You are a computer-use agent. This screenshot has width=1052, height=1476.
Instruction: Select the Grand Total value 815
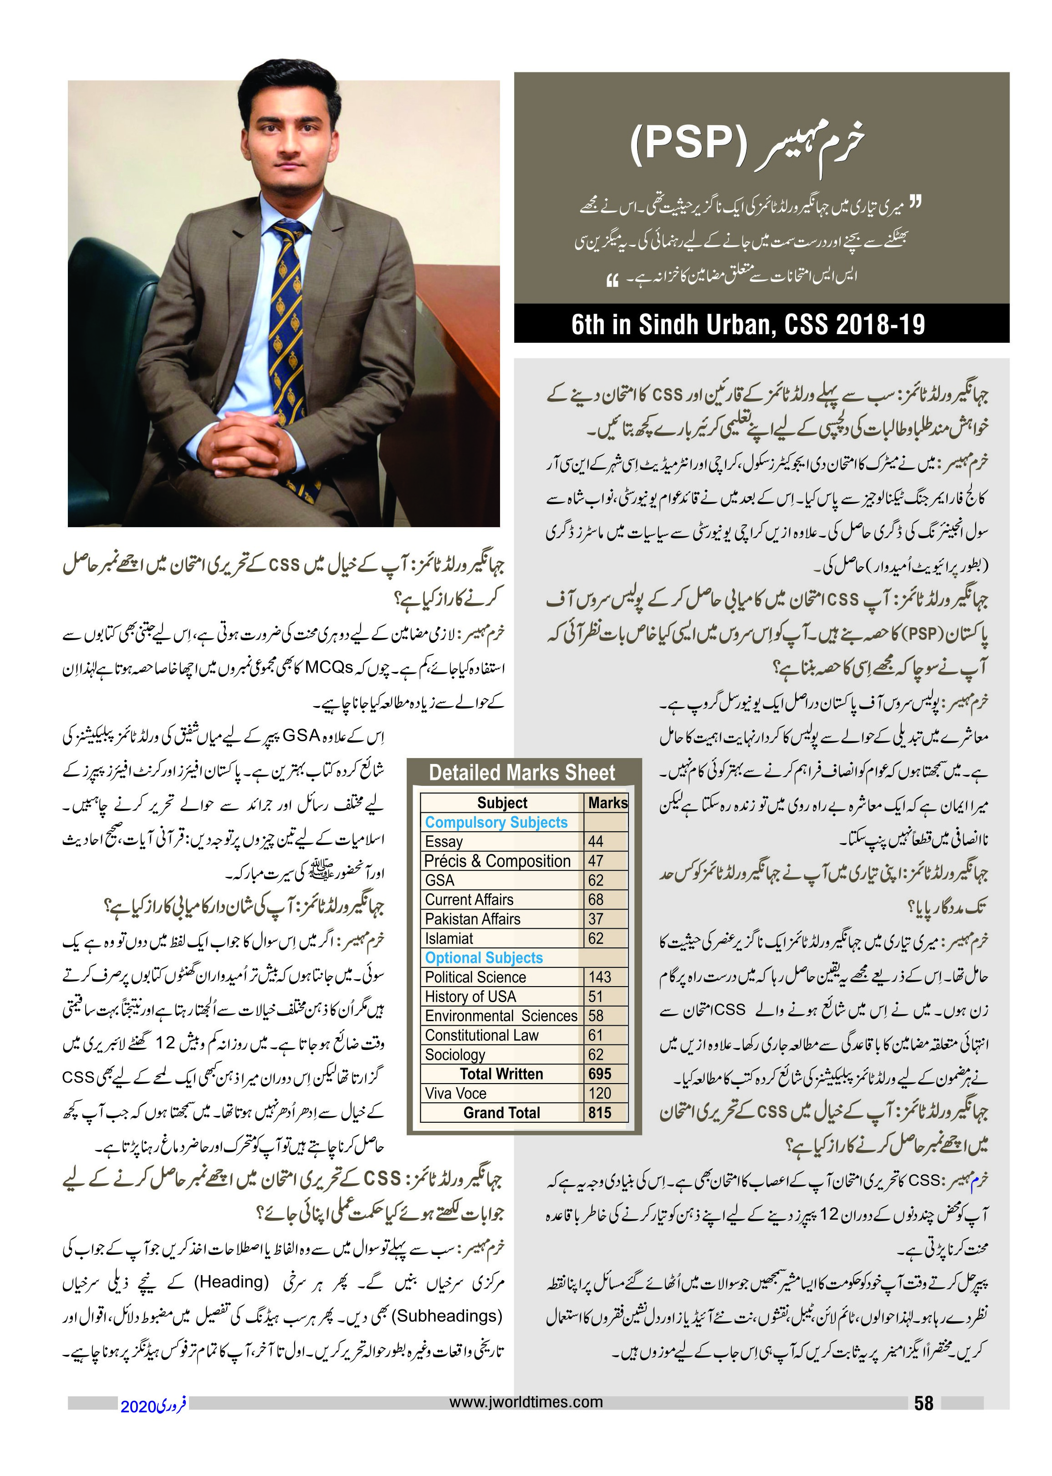[x=599, y=1113]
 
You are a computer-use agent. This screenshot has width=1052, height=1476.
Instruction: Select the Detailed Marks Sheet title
[x=522, y=773]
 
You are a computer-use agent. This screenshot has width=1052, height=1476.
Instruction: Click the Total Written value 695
[x=599, y=1074]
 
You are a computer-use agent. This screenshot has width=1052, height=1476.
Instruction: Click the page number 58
[x=923, y=1403]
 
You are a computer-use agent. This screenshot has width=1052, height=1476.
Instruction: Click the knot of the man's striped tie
[x=288, y=232]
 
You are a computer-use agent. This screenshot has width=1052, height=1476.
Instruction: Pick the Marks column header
[x=608, y=803]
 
